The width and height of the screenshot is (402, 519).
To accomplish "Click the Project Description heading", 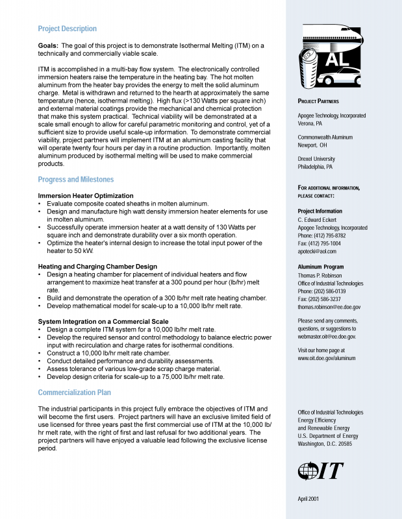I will click(67, 29).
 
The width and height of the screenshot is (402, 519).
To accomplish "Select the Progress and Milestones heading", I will click(75, 180).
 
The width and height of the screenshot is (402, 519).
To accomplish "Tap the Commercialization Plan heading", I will click(74, 392).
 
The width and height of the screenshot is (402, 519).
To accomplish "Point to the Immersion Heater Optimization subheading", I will click(86, 195).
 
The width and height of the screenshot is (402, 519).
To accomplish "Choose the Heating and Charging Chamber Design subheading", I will click(97, 266).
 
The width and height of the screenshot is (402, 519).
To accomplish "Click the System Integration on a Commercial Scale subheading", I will click(103, 321).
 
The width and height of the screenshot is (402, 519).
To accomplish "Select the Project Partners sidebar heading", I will click(318, 102).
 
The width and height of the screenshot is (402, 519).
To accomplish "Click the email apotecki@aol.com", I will click(317, 251).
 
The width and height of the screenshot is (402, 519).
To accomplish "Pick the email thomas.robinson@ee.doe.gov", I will click(329, 307).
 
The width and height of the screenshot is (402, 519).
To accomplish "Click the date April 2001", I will click(308, 498).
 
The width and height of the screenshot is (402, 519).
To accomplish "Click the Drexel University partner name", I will click(316, 158).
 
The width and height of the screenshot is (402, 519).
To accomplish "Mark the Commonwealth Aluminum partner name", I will click(325, 138).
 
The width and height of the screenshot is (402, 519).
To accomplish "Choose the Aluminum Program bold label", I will click(321, 267).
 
